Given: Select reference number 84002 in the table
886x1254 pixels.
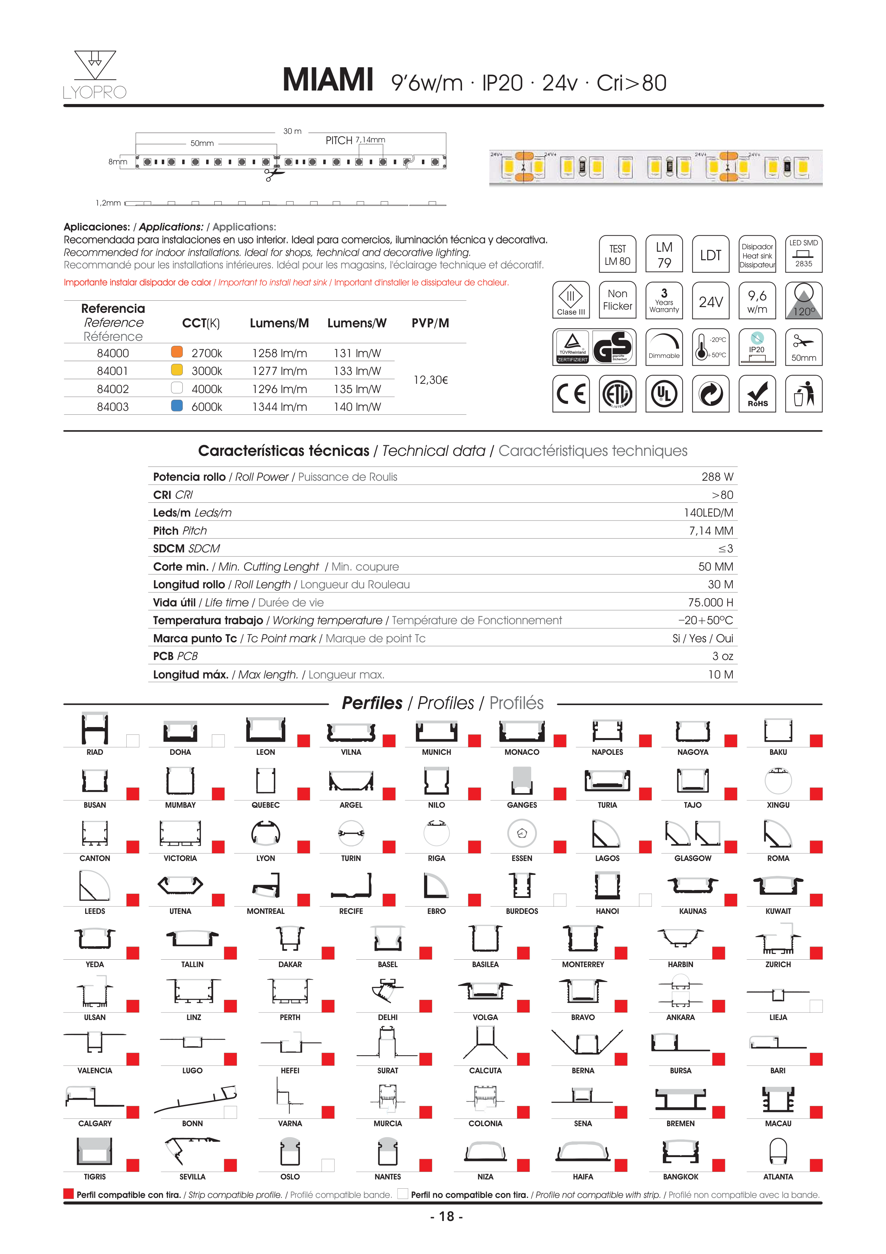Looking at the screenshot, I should click(x=112, y=389).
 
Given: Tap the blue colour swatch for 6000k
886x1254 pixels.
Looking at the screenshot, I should click(x=177, y=406).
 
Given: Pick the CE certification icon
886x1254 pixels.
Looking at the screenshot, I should click(x=571, y=393).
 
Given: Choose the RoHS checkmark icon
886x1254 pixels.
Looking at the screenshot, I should click(x=757, y=393).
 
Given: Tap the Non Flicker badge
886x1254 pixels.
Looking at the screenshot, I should click(x=617, y=300).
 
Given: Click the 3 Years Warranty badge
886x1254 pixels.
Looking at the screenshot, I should click(x=664, y=300).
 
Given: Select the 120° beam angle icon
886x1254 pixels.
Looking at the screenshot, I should click(x=804, y=300).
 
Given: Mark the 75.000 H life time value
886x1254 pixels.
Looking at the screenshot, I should click(x=710, y=603).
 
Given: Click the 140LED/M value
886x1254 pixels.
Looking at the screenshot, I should click(x=708, y=513).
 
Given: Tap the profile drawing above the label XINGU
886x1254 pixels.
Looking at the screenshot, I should click(x=778, y=781).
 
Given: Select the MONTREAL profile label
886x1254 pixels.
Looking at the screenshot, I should click(x=265, y=911).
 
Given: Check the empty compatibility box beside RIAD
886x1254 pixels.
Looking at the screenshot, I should click(x=133, y=741).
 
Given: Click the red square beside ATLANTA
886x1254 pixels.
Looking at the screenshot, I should click(x=816, y=1165).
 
